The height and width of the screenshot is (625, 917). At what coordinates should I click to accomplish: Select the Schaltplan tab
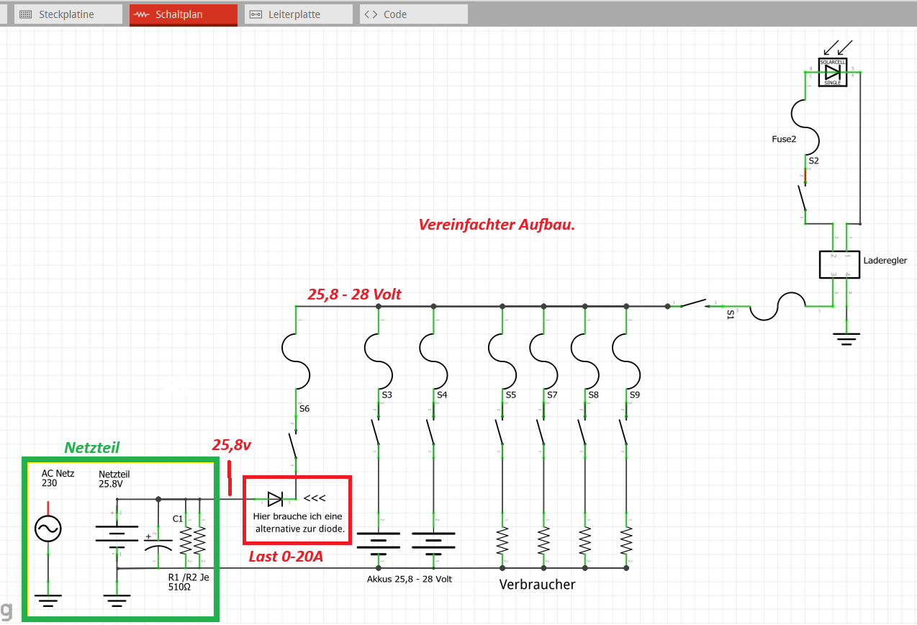(x=184, y=14)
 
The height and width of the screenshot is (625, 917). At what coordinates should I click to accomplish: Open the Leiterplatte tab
(x=298, y=14)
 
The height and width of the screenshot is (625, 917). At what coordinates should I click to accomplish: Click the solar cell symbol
(x=833, y=72)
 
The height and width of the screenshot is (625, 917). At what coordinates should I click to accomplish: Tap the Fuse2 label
(x=784, y=139)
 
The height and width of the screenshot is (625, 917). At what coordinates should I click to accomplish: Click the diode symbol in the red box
(x=275, y=498)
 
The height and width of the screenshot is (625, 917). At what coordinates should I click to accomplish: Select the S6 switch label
(x=304, y=408)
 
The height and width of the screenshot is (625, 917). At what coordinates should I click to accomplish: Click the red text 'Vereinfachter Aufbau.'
(x=496, y=224)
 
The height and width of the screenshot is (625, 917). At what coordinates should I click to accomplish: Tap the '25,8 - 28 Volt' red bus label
(x=354, y=294)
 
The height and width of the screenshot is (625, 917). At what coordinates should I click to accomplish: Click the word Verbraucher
(x=537, y=585)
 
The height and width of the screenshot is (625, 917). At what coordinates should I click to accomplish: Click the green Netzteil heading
(x=92, y=447)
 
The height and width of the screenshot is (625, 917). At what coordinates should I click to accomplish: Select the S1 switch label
(x=731, y=315)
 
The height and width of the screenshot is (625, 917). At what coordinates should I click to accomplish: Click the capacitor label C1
(x=178, y=518)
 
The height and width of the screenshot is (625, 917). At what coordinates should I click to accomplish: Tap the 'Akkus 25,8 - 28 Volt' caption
(x=410, y=579)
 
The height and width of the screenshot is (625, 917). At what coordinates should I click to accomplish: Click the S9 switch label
(x=634, y=395)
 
